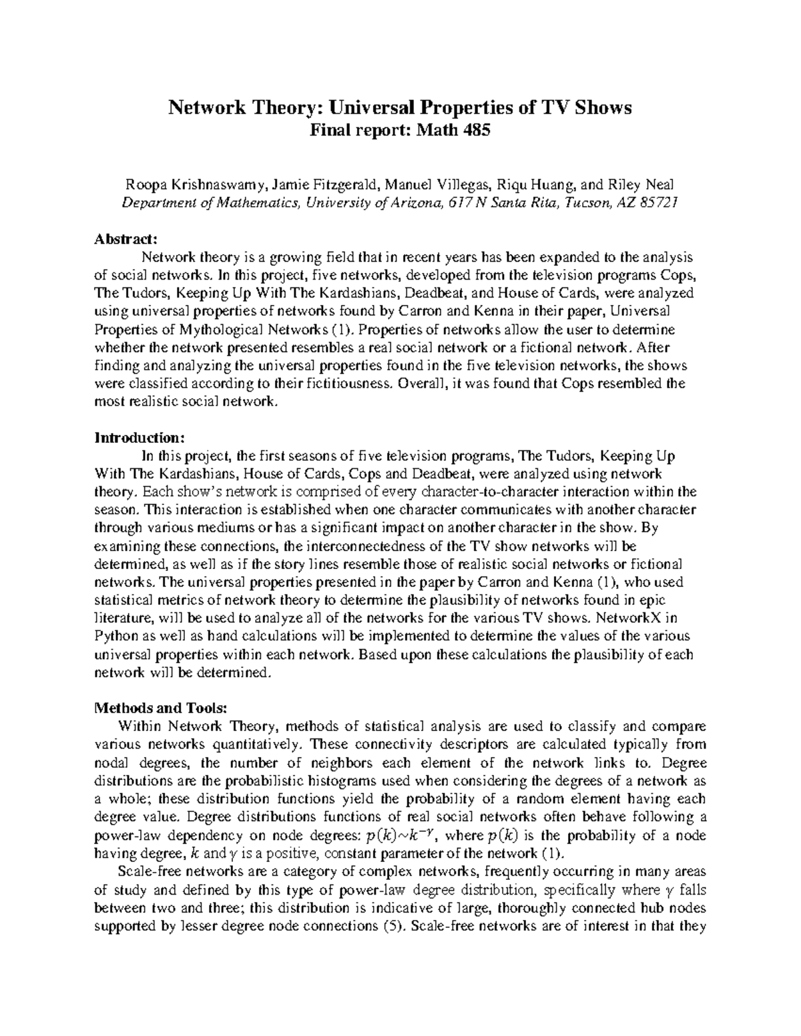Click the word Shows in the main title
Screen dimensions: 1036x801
point(605,108)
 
